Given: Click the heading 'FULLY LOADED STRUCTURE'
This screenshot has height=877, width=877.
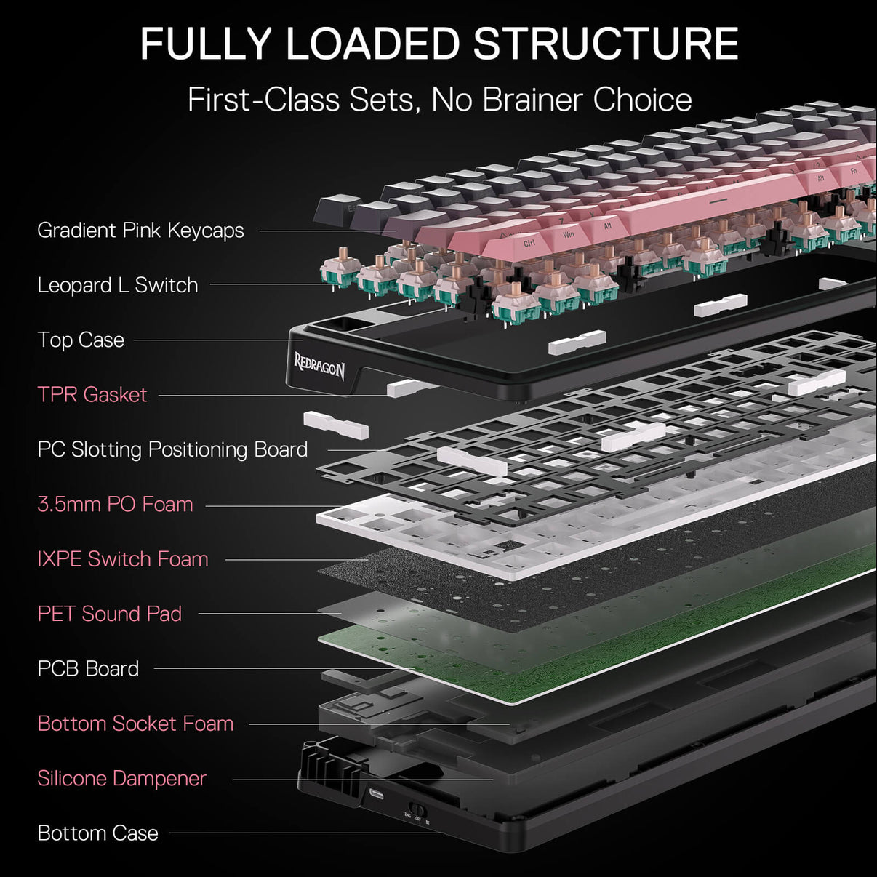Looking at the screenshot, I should pyautogui.click(x=438, y=44).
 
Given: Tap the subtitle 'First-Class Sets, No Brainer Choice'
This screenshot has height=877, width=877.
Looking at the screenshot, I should pyautogui.click(x=438, y=100).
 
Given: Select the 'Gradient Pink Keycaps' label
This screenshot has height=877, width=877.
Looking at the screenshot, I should pyautogui.click(x=140, y=231).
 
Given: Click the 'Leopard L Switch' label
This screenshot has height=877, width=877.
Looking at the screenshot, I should pyautogui.click(x=117, y=285).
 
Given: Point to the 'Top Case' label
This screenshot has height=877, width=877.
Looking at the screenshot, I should pyautogui.click(x=81, y=340).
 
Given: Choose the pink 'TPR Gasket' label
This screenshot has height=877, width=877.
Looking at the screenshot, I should pyautogui.click(x=92, y=395).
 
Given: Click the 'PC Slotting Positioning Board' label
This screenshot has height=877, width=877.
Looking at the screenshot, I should pyautogui.click(x=172, y=449).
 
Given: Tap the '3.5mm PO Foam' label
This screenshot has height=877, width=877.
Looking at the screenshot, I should pyautogui.click(x=115, y=504).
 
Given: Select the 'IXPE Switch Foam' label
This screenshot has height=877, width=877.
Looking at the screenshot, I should pyautogui.click(x=122, y=559).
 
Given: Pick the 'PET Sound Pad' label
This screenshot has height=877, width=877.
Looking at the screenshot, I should pyautogui.click(x=109, y=614).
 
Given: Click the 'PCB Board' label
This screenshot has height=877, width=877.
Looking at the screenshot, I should pyautogui.click(x=88, y=668).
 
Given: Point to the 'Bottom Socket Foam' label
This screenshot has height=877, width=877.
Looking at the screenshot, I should pyautogui.click(x=135, y=724).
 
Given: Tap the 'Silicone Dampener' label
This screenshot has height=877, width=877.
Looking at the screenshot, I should pyautogui.click(x=121, y=778).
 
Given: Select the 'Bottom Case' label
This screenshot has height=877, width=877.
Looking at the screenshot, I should pyautogui.click(x=97, y=833).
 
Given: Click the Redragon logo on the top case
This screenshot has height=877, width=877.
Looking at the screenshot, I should pyautogui.click(x=319, y=365).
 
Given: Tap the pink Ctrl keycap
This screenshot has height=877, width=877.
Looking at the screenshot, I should pyautogui.click(x=529, y=243).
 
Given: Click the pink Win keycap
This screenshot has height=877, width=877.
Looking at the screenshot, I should pyautogui.click(x=568, y=234).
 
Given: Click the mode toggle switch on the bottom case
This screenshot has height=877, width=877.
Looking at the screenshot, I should pyautogui.click(x=417, y=809).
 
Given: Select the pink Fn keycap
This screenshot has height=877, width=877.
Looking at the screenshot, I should pyautogui.click(x=854, y=170).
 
